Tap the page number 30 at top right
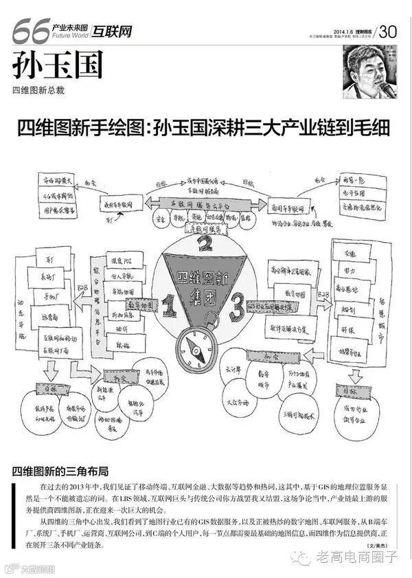coord(388,31)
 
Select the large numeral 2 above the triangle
coord(204,243)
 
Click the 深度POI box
coord(124,260)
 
